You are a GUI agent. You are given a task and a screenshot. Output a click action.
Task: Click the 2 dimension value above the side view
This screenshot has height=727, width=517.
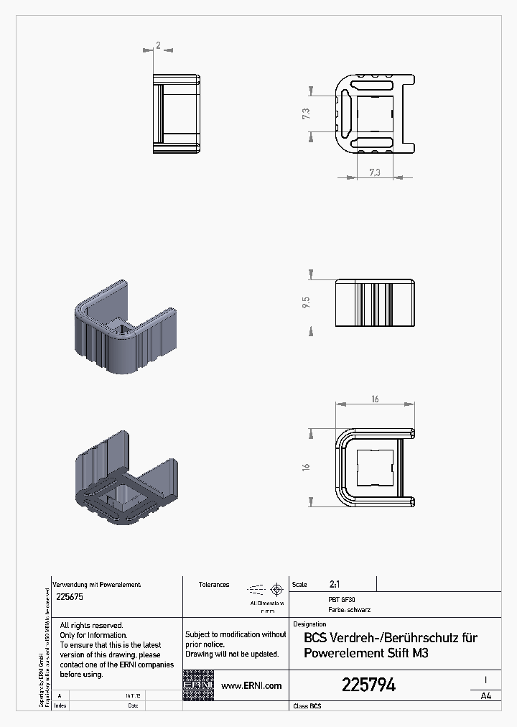[158, 45]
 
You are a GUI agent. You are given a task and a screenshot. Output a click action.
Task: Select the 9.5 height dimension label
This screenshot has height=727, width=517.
[306, 302]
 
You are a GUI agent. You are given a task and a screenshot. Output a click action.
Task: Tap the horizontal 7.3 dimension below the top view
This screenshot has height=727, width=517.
[374, 172]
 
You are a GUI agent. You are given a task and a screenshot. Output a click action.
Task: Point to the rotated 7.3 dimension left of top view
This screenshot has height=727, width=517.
[306, 114]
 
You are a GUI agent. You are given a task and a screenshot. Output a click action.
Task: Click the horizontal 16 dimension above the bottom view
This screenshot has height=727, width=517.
[375, 399]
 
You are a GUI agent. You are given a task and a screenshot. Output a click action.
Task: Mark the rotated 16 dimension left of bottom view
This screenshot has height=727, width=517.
[306, 467]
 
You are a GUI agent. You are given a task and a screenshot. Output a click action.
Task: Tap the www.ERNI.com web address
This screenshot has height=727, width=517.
[251, 686]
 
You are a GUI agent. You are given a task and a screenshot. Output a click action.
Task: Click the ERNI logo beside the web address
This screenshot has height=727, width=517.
[198, 685]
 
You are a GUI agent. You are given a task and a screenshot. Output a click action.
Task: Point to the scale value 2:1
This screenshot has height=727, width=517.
[335, 585]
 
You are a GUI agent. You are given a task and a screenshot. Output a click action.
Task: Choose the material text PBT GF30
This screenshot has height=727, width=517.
[341, 598]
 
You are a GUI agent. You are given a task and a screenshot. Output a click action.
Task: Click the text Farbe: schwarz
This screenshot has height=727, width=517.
[349, 610]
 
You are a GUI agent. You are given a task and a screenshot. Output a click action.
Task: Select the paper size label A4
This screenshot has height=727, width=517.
[485, 695]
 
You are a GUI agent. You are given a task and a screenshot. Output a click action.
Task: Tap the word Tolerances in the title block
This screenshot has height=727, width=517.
[214, 585]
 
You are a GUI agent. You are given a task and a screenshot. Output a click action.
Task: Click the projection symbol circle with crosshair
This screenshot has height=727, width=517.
[276, 588]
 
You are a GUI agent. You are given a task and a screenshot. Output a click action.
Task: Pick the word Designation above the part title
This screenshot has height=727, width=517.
[310, 624]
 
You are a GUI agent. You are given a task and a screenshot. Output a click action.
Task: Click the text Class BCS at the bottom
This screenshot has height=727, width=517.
[307, 707]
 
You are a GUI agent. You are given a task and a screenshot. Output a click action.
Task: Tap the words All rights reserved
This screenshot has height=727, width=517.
[91, 626]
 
